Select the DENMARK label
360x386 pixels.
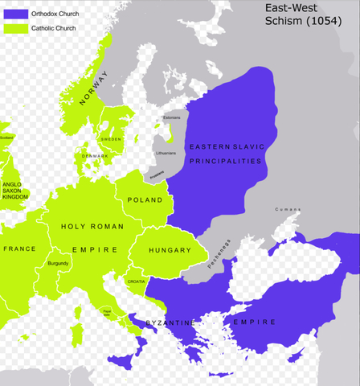tap(95, 155)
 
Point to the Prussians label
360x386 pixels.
tap(157, 174)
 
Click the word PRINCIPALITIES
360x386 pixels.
tap(226, 161)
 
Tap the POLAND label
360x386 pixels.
tap(145, 199)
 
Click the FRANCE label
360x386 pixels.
tap(19, 248)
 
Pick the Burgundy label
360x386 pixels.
tap(58, 263)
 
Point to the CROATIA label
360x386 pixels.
tap(136, 281)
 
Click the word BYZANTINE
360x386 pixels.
tap(170, 322)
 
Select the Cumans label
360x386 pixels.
tap(287, 209)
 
